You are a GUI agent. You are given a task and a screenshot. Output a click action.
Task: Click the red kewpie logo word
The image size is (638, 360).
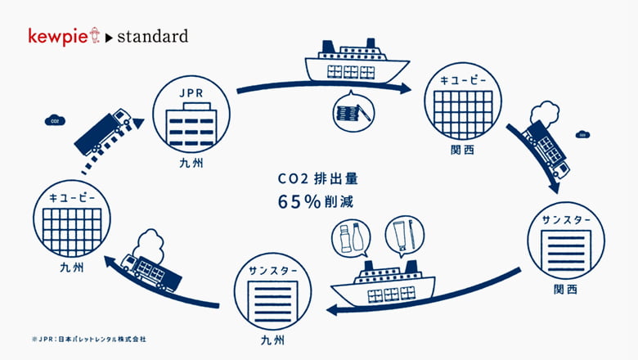[x=58, y=37]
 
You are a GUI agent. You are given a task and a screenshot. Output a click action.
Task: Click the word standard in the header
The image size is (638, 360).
[x=153, y=36]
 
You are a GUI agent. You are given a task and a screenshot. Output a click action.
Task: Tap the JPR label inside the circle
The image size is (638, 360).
[x=191, y=93]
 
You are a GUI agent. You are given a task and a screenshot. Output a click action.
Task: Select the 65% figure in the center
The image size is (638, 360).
[x=299, y=201]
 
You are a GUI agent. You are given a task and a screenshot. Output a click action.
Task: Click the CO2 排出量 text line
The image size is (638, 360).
[x=318, y=178]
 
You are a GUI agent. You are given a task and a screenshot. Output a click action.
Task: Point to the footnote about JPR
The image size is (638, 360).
[x=88, y=339]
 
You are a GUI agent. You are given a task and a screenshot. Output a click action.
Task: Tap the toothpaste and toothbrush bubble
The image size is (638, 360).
[x=404, y=236]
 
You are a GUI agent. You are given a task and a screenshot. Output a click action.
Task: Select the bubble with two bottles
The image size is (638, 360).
[x=351, y=238]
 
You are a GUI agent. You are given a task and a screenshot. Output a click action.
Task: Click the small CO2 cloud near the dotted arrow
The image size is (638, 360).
[x=55, y=121]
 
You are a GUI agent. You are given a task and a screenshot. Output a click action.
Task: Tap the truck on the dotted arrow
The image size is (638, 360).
[x=102, y=133]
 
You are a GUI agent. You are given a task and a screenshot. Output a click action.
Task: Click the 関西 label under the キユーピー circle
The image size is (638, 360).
[x=463, y=150]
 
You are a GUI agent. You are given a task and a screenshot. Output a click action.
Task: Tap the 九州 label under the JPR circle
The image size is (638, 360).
[x=191, y=164]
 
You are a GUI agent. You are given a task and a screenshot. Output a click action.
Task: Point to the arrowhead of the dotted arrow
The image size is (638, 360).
[x=139, y=123]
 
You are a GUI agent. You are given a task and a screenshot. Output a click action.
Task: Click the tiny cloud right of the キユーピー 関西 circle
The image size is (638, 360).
[x=582, y=134]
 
